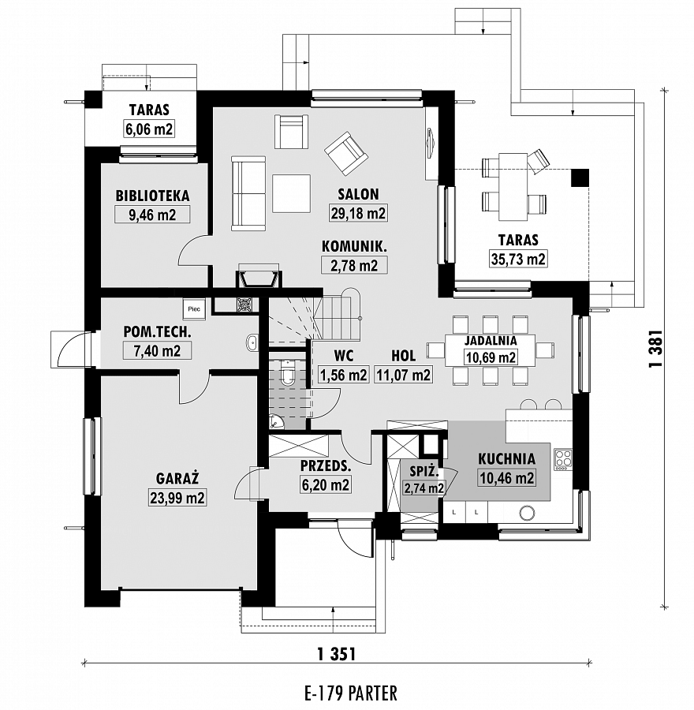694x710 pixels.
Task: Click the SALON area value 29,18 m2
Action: [x=358, y=213]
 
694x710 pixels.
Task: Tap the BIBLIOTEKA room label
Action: [x=152, y=196]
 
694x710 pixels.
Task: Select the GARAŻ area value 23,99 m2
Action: [x=177, y=498]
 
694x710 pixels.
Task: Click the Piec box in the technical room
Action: [x=194, y=308]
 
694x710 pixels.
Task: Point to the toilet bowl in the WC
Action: [x=287, y=372]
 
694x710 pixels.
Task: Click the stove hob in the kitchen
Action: [x=563, y=459]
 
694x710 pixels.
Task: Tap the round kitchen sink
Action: [x=527, y=513]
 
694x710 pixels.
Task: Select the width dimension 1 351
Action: [x=337, y=654]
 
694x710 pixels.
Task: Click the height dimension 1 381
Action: [x=656, y=348]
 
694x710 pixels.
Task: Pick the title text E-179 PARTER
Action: [x=351, y=693]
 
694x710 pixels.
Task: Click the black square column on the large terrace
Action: [x=580, y=177]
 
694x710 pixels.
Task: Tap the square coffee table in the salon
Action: [x=292, y=193]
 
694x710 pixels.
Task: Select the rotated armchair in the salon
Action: [x=345, y=154]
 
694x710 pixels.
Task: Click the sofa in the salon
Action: [x=248, y=193]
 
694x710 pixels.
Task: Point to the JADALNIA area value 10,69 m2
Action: [x=491, y=357]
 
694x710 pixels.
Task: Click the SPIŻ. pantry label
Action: [x=424, y=472]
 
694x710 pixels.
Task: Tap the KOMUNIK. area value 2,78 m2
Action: [x=354, y=265]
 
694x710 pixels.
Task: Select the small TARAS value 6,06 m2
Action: [x=149, y=129]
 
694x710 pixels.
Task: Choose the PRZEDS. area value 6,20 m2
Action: [x=326, y=485]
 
